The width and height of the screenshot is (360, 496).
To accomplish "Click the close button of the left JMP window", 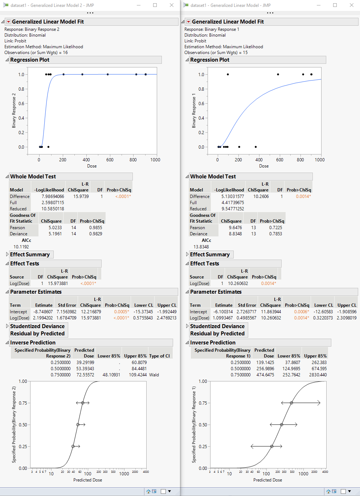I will click(172, 5).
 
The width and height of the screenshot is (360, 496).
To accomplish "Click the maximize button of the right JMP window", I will click(335, 5).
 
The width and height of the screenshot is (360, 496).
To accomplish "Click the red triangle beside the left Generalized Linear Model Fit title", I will click(9, 22).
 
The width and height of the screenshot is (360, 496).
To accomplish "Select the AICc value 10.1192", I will click(21, 247).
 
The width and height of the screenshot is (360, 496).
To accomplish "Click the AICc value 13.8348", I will click(201, 247).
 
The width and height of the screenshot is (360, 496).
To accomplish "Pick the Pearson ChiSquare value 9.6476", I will click(235, 228).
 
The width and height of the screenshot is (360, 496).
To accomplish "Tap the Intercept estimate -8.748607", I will click(43, 312).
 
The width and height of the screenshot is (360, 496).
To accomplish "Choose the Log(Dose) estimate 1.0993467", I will click(222, 318).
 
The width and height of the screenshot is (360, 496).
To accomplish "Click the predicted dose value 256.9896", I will click(265, 369).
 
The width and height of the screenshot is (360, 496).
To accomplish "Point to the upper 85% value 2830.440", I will click(318, 375).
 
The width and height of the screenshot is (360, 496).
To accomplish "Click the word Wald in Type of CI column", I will click(154, 375).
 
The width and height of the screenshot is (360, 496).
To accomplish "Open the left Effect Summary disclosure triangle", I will click(7, 255).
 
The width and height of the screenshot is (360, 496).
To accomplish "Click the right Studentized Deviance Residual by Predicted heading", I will click(217, 330).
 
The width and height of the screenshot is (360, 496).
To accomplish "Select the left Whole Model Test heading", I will click(33, 177).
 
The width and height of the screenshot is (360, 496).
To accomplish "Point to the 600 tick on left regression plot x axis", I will click(110, 160).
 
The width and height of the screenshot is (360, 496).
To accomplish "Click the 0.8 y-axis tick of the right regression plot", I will click(201, 89).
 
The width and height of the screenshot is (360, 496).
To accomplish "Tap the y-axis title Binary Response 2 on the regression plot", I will click(14, 111).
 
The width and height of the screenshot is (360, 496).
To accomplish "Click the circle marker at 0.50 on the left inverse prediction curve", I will click(78, 425).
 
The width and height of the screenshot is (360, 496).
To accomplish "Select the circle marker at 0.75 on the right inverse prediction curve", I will click(291, 403).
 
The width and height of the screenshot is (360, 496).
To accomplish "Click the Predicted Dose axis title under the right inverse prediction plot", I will click(267, 480).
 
